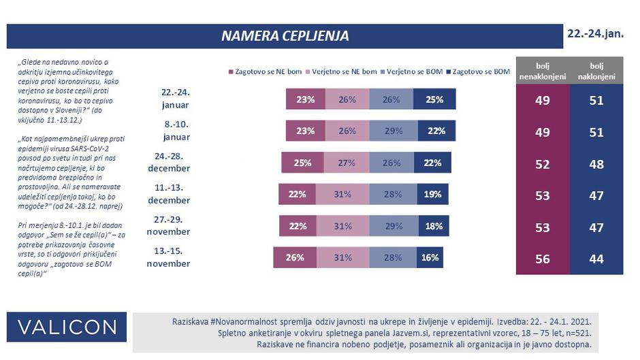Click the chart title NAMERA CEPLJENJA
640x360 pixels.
pyautogui.click(x=285, y=36)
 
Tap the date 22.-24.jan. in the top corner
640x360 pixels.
pyautogui.click(x=596, y=33)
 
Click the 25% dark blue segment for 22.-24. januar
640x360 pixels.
pyautogui.click(x=434, y=99)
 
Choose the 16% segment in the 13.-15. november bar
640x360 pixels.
pyautogui.click(x=428, y=258)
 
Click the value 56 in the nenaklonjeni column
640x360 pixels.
pyautogui.click(x=542, y=259)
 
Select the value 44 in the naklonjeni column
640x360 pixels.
pyautogui.click(x=596, y=259)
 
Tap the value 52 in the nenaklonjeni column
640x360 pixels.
pyautogui.click(x=542, y=165)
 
